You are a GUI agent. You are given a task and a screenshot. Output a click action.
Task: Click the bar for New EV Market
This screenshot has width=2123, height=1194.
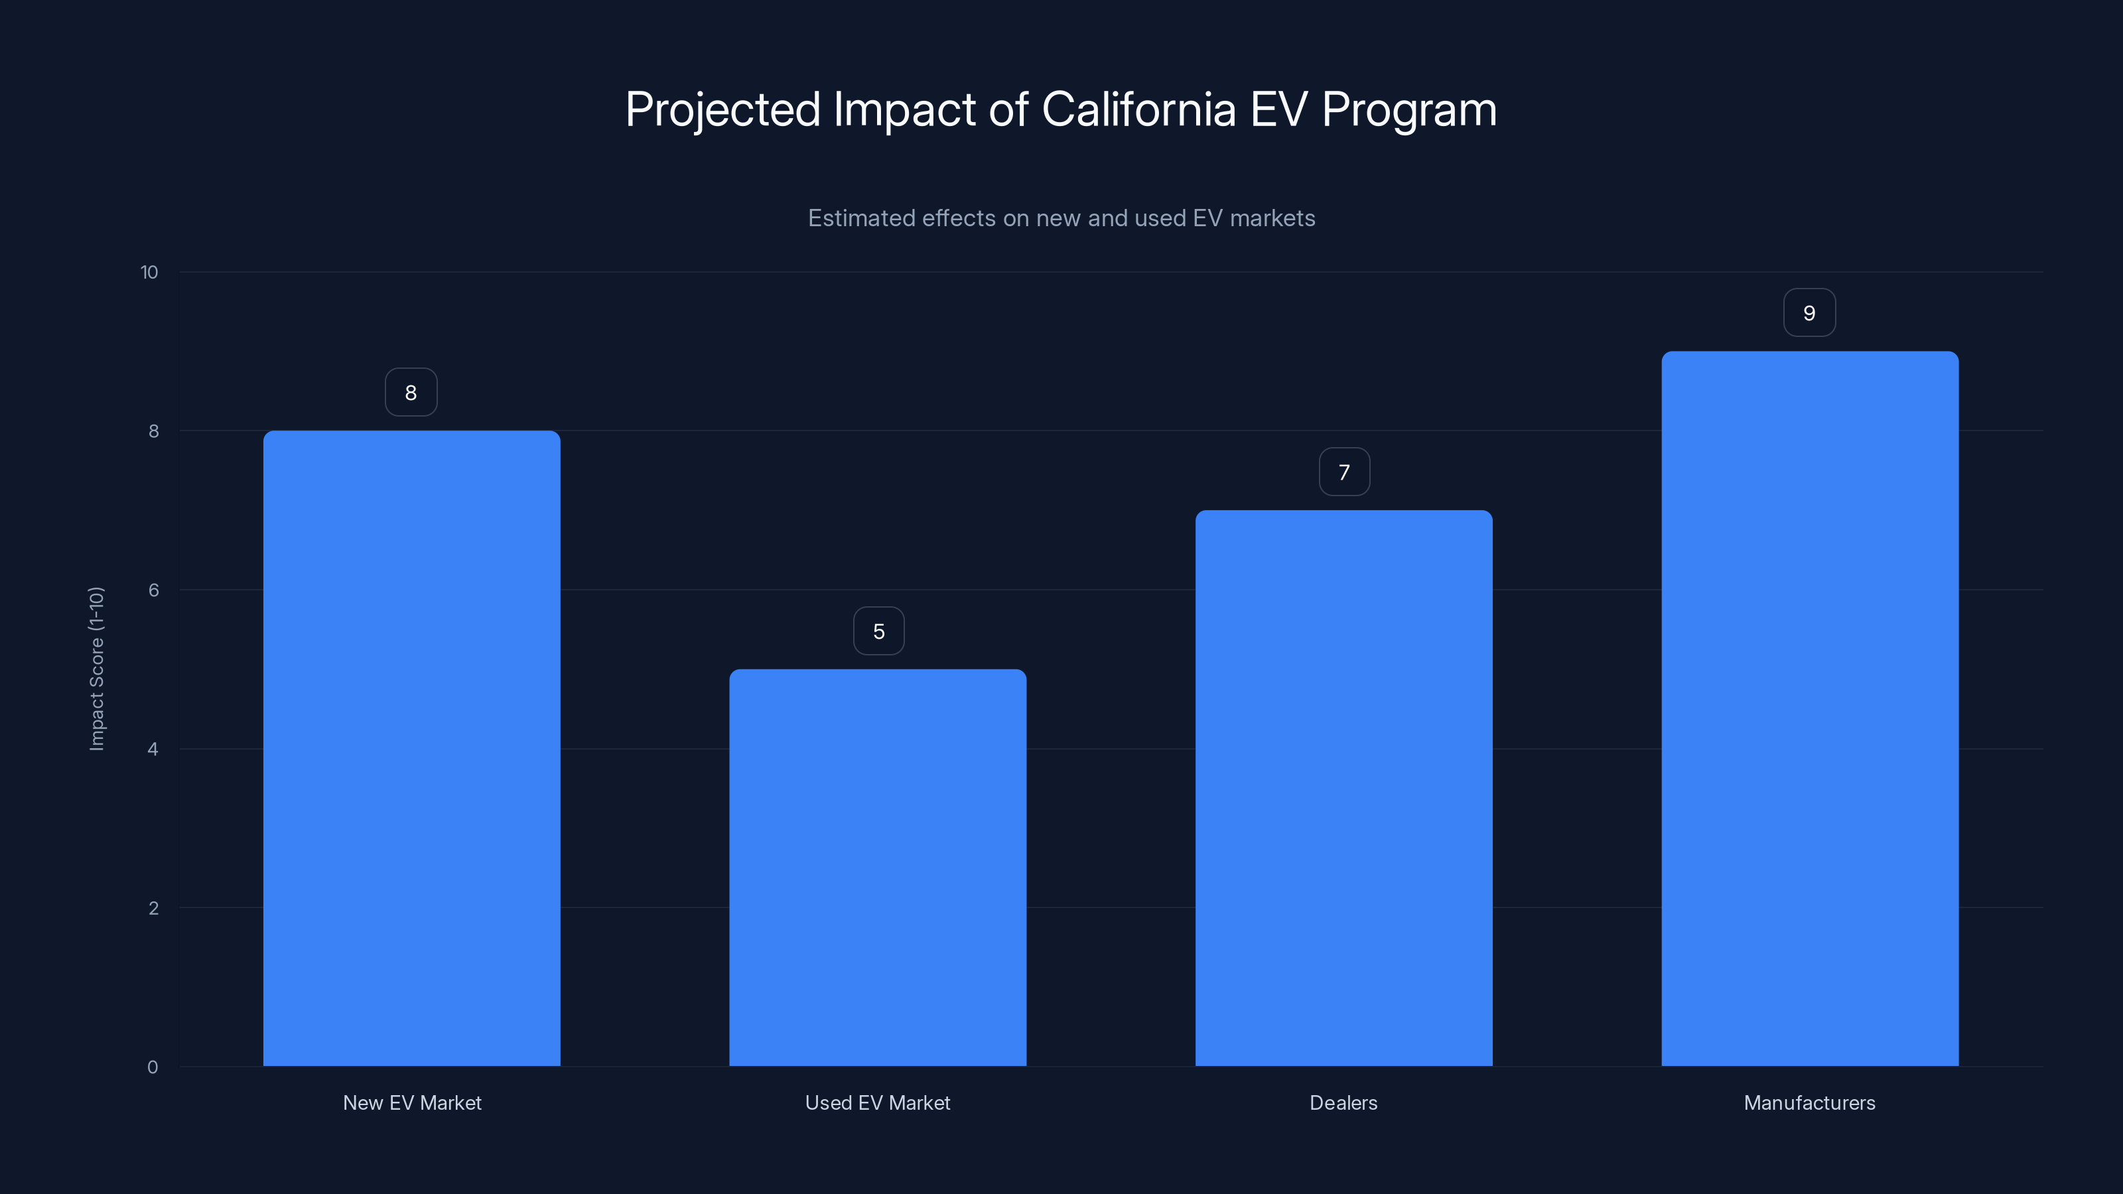(x=411, y=748)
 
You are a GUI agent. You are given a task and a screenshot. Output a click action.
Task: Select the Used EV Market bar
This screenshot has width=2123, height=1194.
(x=878, y=867)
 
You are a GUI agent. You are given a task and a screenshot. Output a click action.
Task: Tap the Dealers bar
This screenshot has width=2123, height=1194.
(x=1343, y=788)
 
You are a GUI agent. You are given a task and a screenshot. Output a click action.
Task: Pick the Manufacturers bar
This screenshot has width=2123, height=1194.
(x=1809, y=708)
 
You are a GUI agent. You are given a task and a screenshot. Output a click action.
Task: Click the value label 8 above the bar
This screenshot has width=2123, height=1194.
(x=411, y=392)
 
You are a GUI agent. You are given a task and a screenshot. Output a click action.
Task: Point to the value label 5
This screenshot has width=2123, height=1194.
(x=878, y=631)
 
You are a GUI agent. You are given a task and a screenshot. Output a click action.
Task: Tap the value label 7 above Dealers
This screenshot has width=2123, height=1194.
(x=1344, y=472)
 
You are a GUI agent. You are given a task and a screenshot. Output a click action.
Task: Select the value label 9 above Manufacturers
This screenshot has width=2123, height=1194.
(x=1809, y=313)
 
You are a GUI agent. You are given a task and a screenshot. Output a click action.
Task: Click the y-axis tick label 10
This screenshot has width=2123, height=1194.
(x=149, y=273)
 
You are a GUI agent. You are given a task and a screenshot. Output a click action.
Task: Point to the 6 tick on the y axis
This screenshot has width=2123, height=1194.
(x=153, y=590)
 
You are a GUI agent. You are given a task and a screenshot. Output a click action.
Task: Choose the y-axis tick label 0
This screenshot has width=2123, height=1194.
(x=153, y=1067)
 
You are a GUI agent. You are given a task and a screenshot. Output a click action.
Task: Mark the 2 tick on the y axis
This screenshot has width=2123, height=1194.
(x=153, y=908)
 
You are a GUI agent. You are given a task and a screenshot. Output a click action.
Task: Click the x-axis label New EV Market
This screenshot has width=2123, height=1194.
(x=411, y=1102)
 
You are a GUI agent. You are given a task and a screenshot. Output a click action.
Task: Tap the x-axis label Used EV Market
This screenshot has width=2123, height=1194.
(x=877, y=1102)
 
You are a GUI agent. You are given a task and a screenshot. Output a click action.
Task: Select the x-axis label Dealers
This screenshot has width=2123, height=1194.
(x=1343, y=1102)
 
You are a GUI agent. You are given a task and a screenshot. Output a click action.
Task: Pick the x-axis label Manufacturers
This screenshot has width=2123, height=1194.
(x=1809, y=1102)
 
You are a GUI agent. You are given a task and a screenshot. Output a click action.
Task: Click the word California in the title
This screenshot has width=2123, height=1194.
(x=1138, y=109)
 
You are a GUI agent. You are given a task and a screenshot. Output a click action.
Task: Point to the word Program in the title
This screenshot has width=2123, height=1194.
(x=1408, y=109)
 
